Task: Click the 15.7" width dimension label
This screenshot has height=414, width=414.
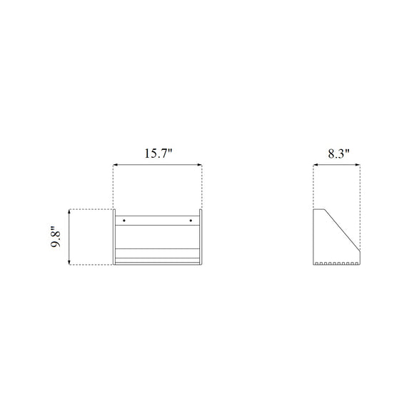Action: click(x=158, y=153)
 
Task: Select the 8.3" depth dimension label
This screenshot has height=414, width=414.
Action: click(x=339, y=153)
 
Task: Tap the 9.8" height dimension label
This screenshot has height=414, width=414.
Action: click(x=56, y=236)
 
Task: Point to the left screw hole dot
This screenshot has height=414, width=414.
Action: click(x=124, y=221)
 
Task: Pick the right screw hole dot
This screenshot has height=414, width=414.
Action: click(x=191, y=221)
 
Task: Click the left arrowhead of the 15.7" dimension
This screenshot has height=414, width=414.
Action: click(x=116, y=165)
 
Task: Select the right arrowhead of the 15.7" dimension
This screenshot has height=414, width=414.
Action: click(x=200, y=165)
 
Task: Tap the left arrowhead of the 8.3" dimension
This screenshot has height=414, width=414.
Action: click(x=315, y=165)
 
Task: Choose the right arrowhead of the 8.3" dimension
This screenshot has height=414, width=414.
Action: click(x=358, y=165)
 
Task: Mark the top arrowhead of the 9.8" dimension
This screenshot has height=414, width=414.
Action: click(x=69, y=211)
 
